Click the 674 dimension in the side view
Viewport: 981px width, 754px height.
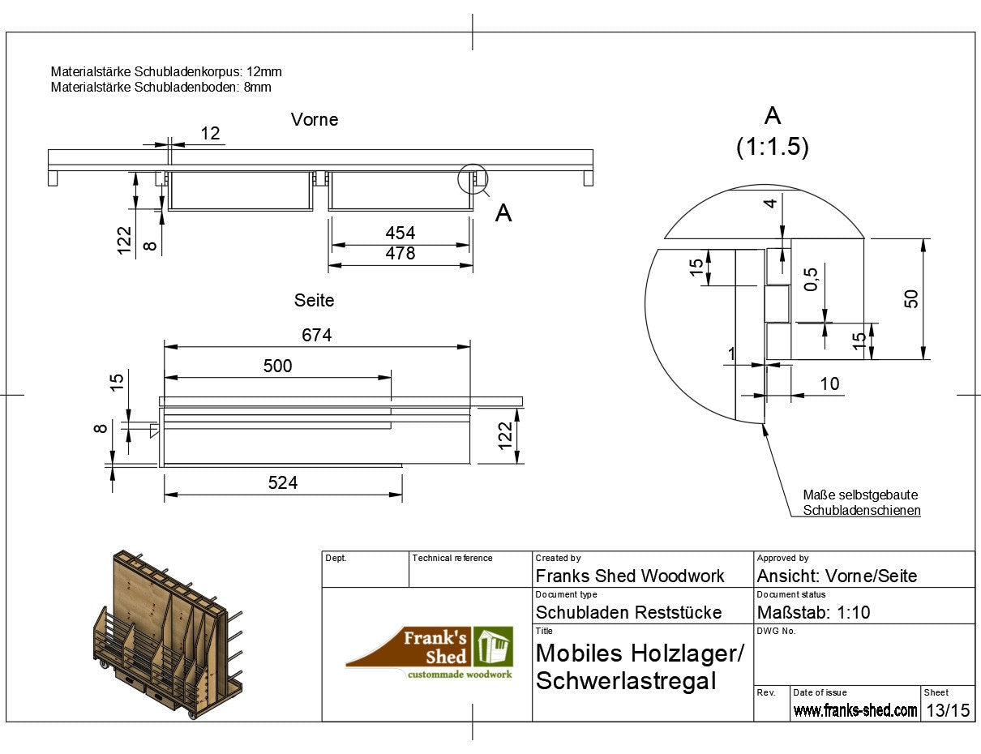pyautogui.click(x=316, y=336)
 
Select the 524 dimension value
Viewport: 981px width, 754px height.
pyautogui.click(x=283, y=483)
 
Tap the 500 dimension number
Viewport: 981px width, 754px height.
pyautogui.click(x=277, y=366)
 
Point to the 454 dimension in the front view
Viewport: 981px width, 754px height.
pyautogui.click(x=400, y=233)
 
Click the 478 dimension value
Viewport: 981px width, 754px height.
pyautogui.click(x=400, y=253)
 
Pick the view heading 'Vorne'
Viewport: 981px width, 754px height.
pyautogui.click(x=315, y=119)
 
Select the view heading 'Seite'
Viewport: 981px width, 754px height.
pyautogui.click(x=314, y=300)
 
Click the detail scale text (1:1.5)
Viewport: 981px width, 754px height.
pyautogui.click(x=773, y=147)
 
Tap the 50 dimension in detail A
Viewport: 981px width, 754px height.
pyautogui.click(x=911, y=298)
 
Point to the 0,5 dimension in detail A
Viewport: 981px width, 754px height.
pyautogui.click(x=811, y=280)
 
